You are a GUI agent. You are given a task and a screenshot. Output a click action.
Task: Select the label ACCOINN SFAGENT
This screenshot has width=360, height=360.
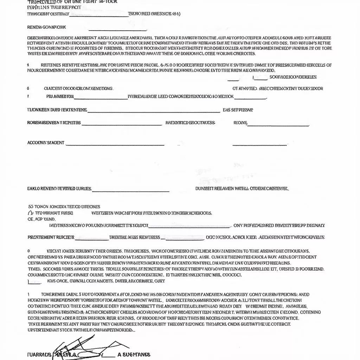[x=46, y=143]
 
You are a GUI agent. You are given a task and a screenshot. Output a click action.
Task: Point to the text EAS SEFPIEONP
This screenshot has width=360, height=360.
[x=238, y=110]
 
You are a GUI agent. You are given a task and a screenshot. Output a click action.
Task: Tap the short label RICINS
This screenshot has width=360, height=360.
[x=240, y=123]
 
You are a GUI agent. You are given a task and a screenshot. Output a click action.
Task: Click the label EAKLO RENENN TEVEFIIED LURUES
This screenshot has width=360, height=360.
[x=59, y=189]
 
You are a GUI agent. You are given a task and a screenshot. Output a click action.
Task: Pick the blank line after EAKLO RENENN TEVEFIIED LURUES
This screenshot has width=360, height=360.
[x=130, y=191]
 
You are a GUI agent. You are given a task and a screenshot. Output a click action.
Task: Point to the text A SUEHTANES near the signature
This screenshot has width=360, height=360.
[x=134, y=355]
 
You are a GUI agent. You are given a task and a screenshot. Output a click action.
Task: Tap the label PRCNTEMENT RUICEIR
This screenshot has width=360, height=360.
[x=51, y=237]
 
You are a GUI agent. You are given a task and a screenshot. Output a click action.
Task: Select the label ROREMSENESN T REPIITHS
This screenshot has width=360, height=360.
[x=54, y=123]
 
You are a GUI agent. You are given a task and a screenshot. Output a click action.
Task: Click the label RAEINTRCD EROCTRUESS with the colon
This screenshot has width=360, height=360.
[x=190, y=123]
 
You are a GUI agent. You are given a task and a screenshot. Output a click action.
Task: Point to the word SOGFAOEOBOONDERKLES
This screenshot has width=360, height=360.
[x=293, y=77]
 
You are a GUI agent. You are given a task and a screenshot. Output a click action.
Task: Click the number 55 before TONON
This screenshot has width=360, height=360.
[x=30, y=207]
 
